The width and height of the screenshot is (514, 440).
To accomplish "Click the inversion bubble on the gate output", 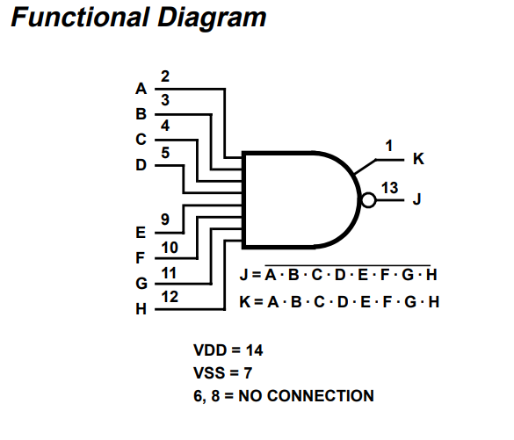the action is pos(368,200).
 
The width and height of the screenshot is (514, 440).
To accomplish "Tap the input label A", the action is pos(141,89).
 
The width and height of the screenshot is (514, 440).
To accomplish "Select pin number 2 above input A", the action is pos(165,76).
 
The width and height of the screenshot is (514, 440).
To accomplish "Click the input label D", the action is pos(141,165).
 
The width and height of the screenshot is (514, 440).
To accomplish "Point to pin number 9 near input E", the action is pos(165,220).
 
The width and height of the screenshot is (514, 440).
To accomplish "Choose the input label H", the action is pos(141,309).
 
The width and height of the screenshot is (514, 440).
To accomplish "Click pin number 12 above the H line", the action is pos(170,297).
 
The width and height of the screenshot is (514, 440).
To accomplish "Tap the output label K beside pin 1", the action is pos(418,159).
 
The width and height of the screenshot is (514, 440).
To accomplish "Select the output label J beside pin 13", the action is pos(416,198).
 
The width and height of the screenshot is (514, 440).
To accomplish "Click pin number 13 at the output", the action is pos(390,188).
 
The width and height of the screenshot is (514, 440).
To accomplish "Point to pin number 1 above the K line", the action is pos(389,146).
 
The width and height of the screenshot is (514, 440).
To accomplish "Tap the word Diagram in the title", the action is pos(212,18).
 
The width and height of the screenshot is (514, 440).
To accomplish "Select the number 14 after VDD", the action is pos(255,350).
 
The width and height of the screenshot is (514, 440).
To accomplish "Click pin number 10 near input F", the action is pos(170,248).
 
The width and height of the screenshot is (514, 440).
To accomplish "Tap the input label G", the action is pos(141,284).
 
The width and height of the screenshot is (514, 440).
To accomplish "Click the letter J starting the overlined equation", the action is pos(243,275).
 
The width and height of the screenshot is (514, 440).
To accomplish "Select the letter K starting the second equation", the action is pos(245,302).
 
